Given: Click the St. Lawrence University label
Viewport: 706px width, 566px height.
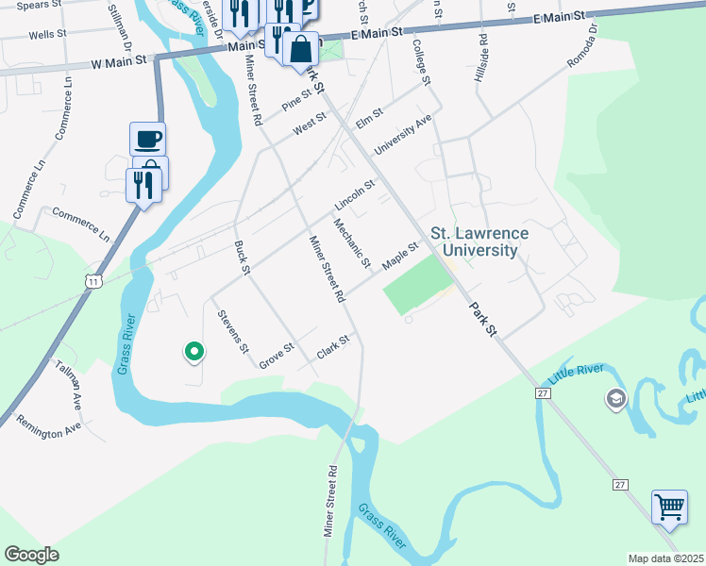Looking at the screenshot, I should pyautogui.click(x=479, y=241).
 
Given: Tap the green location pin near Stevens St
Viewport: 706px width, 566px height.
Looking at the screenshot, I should pyautogui.click(x=194, y=352).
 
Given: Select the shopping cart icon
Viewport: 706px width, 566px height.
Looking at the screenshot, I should pyautogui.click(x=669, y=507).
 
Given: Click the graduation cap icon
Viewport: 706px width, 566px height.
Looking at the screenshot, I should pyautogui.click(x=617, y=400).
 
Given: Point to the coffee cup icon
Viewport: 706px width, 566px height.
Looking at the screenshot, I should pyautogui.click(x=148, y=140).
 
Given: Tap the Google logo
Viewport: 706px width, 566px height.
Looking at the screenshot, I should pyautogui.click(x=31, y=555).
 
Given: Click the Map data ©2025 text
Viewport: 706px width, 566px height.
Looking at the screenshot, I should pyautogui.click(x=665, y=558).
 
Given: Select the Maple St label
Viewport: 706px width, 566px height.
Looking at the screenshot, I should pyautogui.click(x=400, y=255).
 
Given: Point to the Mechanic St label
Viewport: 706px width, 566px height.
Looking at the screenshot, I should pyautogui.click(x=353, y=241).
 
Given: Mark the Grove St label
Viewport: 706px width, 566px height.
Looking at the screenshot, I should pyautogui.click(x=277, y=355).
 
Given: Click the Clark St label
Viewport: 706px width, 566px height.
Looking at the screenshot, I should pyautogui.click(x=333, y=346).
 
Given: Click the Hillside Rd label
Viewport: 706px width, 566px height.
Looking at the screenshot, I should pyautogui.click(x=482, y=58).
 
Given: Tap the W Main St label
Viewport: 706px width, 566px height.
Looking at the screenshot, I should pyautogui.click(x=122, y=59).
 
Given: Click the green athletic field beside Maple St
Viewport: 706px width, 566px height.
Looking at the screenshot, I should pyautogui.click(x=417, y=286).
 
